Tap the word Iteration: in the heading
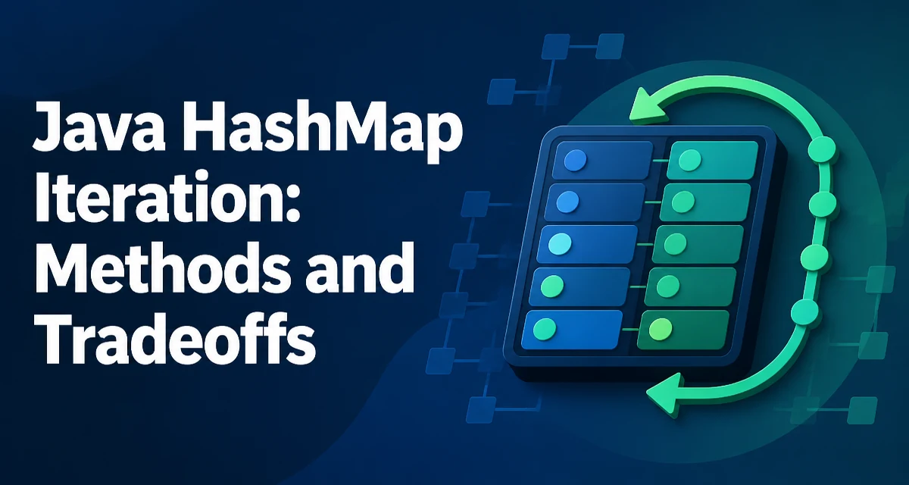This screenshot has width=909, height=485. (167, 196)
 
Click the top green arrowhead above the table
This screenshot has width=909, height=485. (648, 106)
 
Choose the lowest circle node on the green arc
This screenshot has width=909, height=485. (804, 312)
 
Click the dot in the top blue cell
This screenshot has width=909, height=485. (576, 160)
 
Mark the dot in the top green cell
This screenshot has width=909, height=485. (690, 161)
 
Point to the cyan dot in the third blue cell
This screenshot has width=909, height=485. (560, 243)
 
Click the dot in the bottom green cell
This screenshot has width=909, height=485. (661, 329)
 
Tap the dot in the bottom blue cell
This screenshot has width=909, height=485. (545, 329)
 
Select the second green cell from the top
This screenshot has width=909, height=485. (705, 202)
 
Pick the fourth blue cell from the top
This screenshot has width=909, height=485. (579, 286)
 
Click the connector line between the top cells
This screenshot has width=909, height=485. (661, 161)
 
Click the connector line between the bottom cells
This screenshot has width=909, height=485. (629, 330)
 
